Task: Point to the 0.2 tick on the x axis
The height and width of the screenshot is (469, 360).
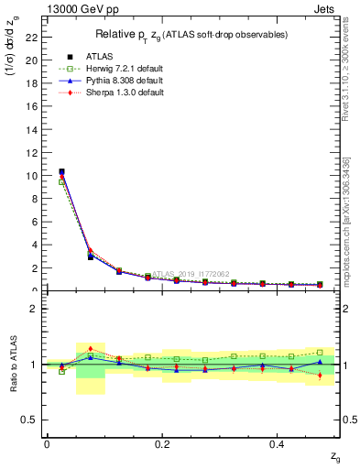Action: click(x=162, y=443)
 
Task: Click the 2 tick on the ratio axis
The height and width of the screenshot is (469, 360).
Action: click(x=37, y=309)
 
